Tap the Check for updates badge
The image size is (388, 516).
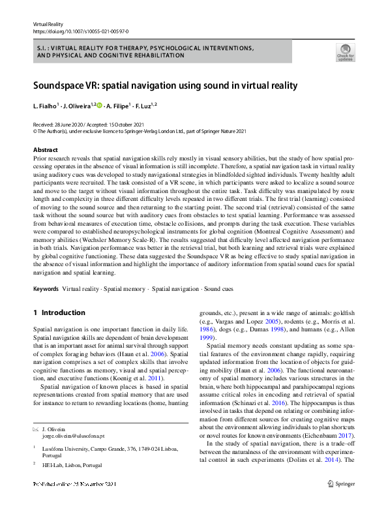coord(344,52)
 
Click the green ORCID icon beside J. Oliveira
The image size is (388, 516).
coord(100,105)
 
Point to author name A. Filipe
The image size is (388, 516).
coord(119,106)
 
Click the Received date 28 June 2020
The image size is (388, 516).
coord(72,124)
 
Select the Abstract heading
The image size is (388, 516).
coord(45,150)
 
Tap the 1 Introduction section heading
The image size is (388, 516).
coord(63,313)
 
